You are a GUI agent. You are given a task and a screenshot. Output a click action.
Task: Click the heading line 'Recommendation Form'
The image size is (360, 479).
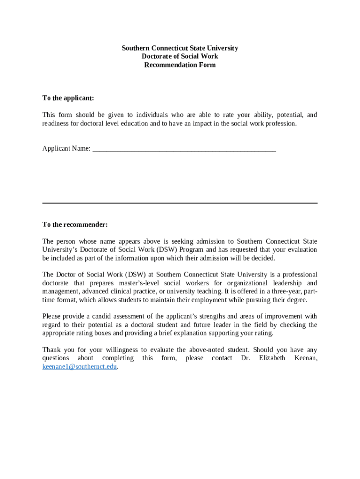pyautogui.click(x=180, y=65)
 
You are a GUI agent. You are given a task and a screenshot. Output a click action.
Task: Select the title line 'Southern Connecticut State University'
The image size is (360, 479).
pyautogui.click(x=180, y=48)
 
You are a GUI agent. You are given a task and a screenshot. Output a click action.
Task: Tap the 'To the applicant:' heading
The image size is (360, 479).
pyautogui.click(x=68, y=98)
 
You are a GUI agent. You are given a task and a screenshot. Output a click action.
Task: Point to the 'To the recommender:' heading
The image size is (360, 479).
pyautogui.click(x=75, y=225)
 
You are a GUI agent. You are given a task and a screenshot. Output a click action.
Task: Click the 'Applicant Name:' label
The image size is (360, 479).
pyautogui.click(x=66, y=149)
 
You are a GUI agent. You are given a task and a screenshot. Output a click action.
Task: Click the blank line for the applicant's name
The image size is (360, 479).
pyautogui.click(x=184, y=151)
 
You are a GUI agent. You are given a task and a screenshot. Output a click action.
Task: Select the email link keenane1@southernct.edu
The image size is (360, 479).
pyautogui.click(x=79, y=367)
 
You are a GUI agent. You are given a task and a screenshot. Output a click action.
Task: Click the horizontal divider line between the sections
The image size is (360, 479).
pyautogui.click(x=180, y=203)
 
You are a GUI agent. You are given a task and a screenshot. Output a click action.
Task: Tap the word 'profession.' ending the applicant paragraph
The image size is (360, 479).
pyautogui.click(x=279, y=123)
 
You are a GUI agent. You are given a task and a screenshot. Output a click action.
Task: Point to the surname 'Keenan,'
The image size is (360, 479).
pyautogui.click(x=306, y=358)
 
